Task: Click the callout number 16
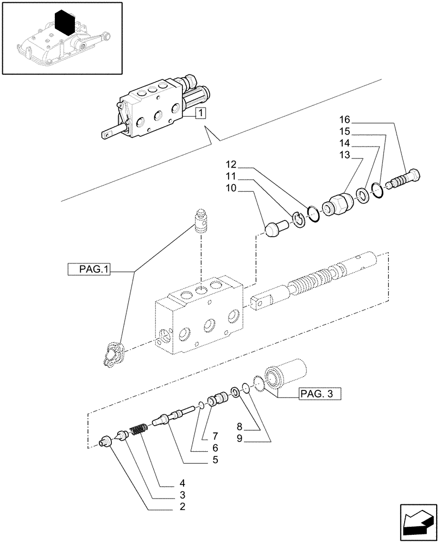345,119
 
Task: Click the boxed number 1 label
200,113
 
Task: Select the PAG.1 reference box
89,269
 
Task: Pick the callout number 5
216,460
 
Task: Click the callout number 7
216,436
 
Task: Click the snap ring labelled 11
297,218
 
